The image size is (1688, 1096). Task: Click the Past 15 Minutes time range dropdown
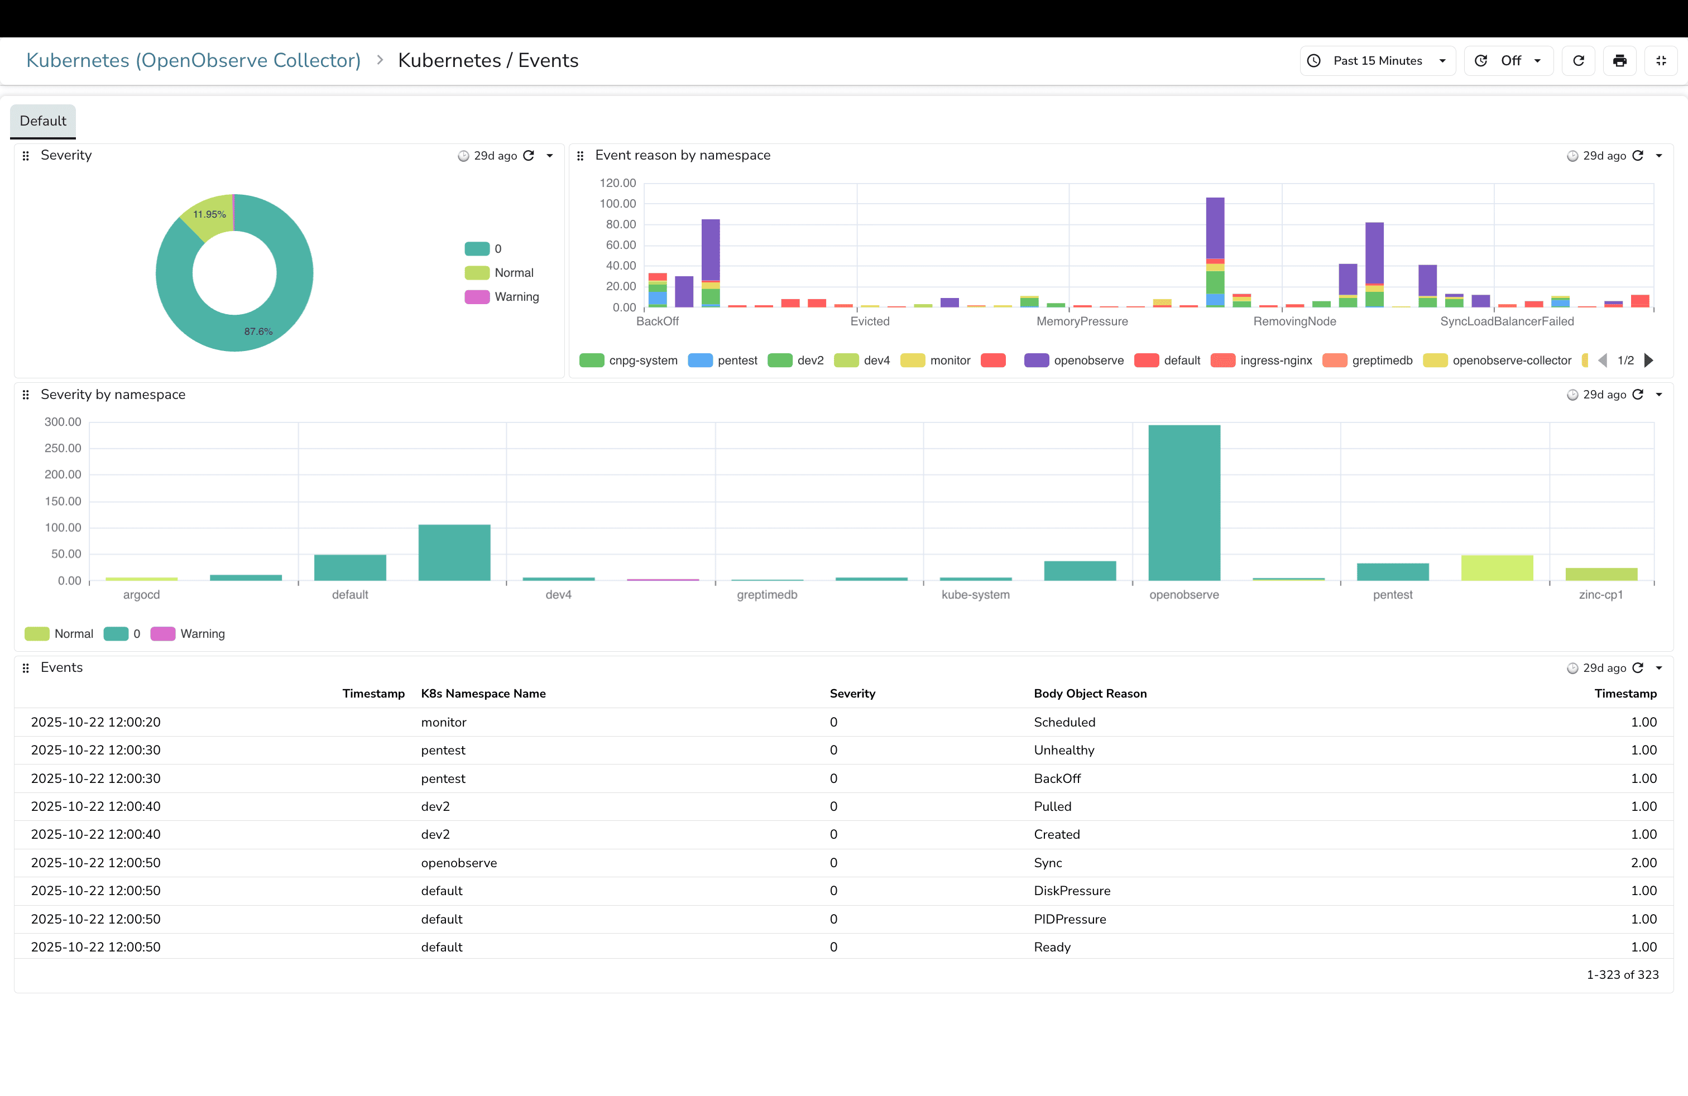click(x=1377, y=61)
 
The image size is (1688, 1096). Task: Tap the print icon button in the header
click(x=1619, y=61)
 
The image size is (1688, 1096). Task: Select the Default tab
click(x=42, y=121)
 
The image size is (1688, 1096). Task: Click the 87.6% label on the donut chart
click(x=258, y=332)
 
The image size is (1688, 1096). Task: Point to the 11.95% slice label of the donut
click(x=209, y=214)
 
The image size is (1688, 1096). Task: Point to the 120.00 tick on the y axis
click(x=618, y=183)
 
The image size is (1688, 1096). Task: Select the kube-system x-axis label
click(x=975, y=595)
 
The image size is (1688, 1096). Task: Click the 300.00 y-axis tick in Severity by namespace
click(x=63, y=422)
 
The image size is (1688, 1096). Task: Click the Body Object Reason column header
click(x=1090, y=693)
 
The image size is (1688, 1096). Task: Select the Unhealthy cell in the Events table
click(x=1064, y=750)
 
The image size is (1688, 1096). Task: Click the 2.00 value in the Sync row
click(x=1643, y=863)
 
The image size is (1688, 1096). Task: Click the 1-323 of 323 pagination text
click(x=1622, y=975)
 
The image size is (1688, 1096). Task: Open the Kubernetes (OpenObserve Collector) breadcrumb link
click(x=193, y=61)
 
